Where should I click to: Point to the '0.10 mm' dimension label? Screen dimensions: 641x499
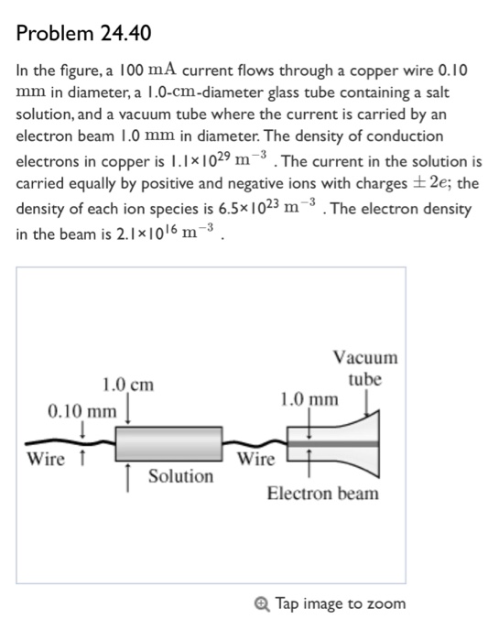(x=81, y=409)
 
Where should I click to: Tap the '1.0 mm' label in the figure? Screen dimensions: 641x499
(x=309, y=399)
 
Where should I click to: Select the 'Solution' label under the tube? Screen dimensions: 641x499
(x=180, y=476)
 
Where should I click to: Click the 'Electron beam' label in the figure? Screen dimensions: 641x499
(x=322, y=494)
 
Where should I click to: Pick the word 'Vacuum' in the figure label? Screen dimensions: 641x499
(x=365, y=357)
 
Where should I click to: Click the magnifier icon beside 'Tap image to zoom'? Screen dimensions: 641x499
(x=264, y=603)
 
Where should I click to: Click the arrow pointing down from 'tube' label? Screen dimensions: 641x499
(x=369, y=403)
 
